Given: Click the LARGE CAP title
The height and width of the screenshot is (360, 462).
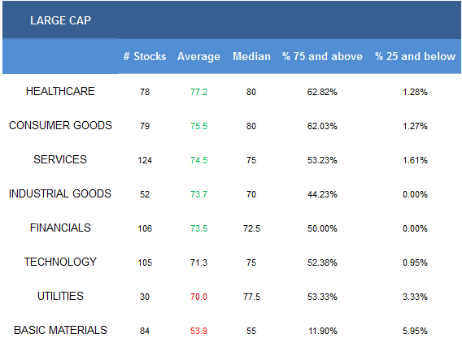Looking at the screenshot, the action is tap(60, 20).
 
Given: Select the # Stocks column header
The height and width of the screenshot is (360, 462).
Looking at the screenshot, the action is tap(145, 56).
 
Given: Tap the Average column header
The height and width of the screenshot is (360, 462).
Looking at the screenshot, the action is tap(198, 57).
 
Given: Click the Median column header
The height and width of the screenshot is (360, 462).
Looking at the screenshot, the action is tap(251, 56).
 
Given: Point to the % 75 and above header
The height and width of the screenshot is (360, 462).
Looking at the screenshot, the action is tap(322, 56).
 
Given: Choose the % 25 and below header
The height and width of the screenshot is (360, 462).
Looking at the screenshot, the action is tap(415, 56).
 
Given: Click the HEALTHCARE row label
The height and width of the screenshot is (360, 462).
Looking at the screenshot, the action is tap(60, 91).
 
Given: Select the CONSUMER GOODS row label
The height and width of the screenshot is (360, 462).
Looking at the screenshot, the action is tap(60, 125).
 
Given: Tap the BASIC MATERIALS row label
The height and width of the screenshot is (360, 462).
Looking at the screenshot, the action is tap(60, 330).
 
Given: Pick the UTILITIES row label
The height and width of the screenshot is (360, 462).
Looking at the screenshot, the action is tap(60, 296).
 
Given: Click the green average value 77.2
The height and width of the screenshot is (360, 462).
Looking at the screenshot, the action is tap(199, 92).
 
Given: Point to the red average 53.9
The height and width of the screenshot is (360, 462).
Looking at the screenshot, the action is tap(199, 331).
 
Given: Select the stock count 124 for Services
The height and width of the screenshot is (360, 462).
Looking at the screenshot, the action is tap(145, 160).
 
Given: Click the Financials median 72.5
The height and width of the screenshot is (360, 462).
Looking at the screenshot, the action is tap(251, 228).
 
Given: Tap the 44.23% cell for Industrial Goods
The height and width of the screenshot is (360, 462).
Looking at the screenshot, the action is tap(322, 194).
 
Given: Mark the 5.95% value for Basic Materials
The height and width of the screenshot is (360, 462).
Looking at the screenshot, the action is tap(415, 331).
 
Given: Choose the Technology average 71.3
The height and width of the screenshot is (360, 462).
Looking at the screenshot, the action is tap(199, 262).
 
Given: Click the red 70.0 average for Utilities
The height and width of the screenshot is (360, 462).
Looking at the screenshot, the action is tap(199, 297).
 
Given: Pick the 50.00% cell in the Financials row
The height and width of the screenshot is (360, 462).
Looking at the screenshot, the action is tap(322, 228).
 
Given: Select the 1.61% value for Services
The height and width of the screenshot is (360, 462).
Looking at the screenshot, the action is tap(415, 160).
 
